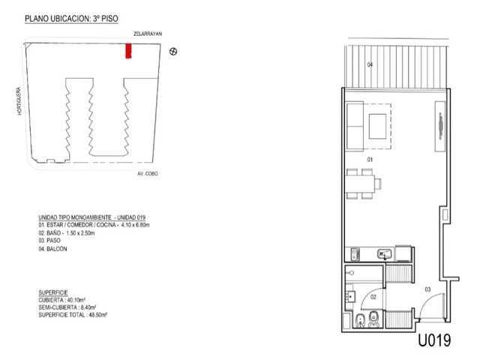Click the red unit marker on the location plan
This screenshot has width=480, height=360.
pyautogui.click(x=128, y=51)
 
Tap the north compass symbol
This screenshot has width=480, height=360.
pyautogui.click(x=173, y=52)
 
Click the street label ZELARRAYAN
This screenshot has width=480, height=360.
pyautogui.click(x=148, y=34)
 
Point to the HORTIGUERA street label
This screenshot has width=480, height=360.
pyautogui.click(x=19, y=101)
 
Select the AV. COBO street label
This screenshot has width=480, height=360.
pyautogui.click(x=148, y=173)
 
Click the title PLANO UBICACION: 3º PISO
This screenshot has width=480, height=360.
pyautogui.click(x=71, y=19)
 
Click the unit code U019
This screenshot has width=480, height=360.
pyautogui.click(x=434, y=340)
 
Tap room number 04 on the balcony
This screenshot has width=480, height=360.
pyautogui.click(x=370, y=64)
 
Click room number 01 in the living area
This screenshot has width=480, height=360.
pyautogui.click(x=370, y=160)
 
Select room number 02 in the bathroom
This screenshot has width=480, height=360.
pyautogui.click(x=373, y=297)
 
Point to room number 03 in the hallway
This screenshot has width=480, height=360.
pyautogui.click(x=427, y=289)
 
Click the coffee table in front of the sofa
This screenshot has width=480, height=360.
pyautogui.click(x=377, y=127)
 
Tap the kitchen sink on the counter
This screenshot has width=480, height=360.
pyautogui.click(x=385, y=254)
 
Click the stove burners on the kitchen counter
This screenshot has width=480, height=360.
pyautogui.click(x=355, y=254)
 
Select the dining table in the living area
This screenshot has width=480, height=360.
pyautogui.click(x=361, y=184)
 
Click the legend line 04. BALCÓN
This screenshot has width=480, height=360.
pyautogui.click(x=52, y=249)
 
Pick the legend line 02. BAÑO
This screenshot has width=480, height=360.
pyautogui.click(x=67, y=233)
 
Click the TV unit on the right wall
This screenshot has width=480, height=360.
pyautogui.click(x=440, y=126)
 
